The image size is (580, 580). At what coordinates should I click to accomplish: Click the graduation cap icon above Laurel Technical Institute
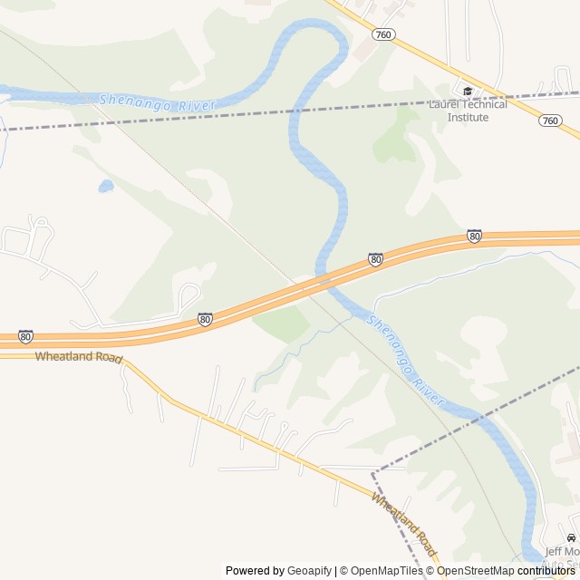coord(468,91)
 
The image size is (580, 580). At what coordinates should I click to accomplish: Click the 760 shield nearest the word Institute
coord(549,121)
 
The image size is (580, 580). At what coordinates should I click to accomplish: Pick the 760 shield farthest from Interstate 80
coord(382,34)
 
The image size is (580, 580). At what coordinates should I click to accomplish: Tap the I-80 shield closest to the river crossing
coord(375,259)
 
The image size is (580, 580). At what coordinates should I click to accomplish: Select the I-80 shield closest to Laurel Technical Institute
coord(474,236)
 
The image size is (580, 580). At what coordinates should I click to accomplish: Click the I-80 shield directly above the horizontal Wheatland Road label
coord(25,336)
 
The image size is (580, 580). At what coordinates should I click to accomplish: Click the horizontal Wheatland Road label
coord(78,357)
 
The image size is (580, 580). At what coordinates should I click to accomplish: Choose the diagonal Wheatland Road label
coord(404,526)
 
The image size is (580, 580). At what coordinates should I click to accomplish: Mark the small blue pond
coord(106,187)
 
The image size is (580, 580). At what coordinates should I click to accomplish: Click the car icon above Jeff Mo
coord(571,538)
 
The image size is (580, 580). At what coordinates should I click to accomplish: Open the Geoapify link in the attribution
coord(310,571)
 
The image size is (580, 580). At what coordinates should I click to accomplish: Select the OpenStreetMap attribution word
coord(476,571)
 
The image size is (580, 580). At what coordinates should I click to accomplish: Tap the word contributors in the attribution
coord(546,571)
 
